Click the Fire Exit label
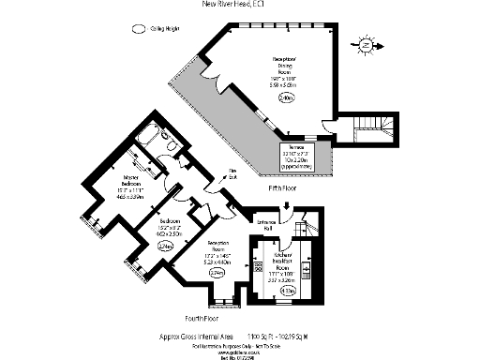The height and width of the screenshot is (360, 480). [x=229, y=173]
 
